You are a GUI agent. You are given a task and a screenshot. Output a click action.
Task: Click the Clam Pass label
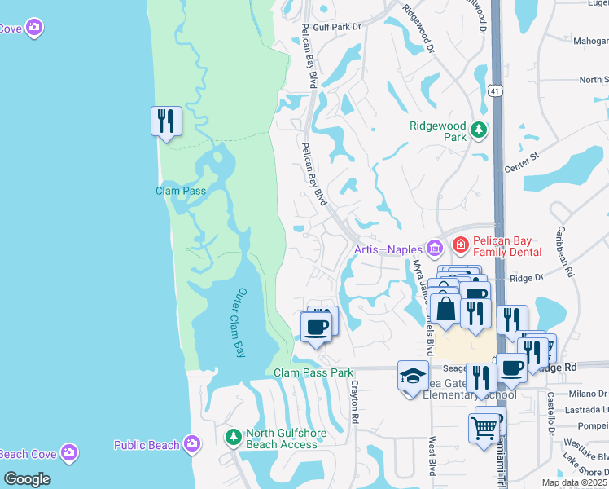(x=181, y=191)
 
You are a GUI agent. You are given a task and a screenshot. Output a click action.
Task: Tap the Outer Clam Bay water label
(x=230, y=323)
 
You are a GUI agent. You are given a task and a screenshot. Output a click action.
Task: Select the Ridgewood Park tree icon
(x=479, y=129)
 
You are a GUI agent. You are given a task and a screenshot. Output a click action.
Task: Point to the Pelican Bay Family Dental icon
(x=459, y=244)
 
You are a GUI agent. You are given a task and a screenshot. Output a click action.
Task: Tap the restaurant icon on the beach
(x=166, y=121)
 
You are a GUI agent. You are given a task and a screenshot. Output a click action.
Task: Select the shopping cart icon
(x=484, y=425)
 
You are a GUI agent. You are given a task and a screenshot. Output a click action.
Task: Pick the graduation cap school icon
(x=413, y=377)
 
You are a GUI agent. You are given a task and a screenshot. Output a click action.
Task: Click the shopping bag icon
(x=447, y=310)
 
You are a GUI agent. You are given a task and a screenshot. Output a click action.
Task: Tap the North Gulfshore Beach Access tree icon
(x=234, y=438)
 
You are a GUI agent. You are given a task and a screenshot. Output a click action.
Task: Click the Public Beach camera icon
(x=192, y=444)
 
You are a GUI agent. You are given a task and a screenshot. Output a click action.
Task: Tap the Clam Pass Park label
(x=313, y=372)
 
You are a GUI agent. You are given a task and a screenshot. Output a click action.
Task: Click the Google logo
(x=27, y=478)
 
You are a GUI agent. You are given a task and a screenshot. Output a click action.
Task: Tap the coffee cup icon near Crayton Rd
(x=316, y=327)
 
